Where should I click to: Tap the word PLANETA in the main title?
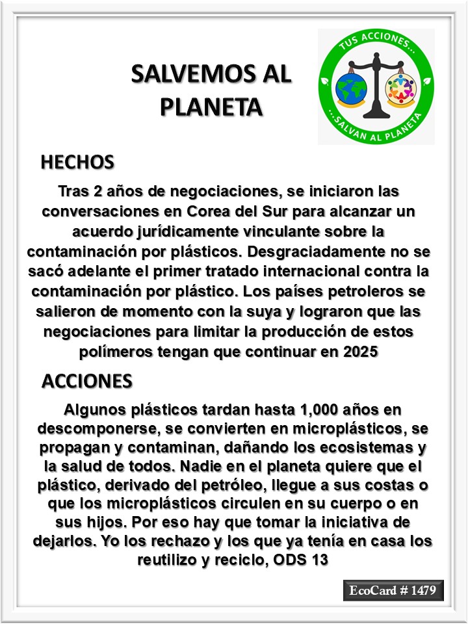pos(211,106)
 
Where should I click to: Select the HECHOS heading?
pos(77,162)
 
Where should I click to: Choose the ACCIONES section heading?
pos(87,381)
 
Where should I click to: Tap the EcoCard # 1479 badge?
pos(393,591)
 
